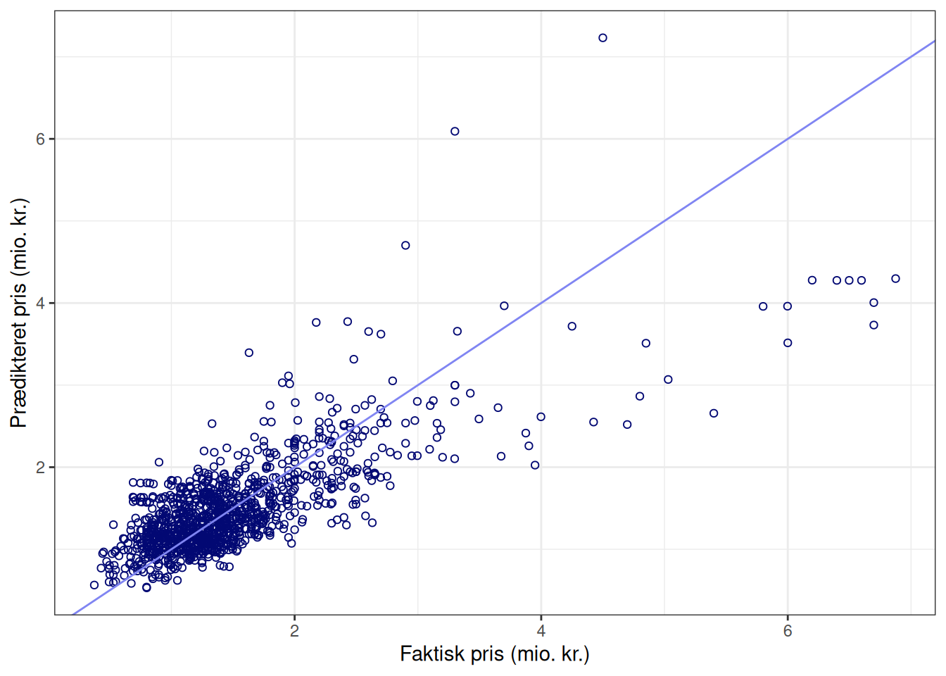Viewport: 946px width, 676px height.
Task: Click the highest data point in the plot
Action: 603,38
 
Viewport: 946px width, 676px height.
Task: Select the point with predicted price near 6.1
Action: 455,132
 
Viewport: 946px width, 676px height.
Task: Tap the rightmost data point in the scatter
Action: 895,279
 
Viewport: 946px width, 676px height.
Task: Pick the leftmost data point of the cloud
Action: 94,585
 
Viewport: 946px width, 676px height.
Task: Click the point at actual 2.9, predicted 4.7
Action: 405,246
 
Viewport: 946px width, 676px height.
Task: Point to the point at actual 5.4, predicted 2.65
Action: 714,413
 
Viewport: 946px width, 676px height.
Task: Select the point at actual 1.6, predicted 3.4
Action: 248,353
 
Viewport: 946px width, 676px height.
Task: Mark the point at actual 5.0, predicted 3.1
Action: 668,380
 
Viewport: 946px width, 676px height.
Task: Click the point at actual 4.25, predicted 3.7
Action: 572,326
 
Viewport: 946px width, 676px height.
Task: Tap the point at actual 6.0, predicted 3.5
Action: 788,343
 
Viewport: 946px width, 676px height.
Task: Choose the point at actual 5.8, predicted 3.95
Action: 763,306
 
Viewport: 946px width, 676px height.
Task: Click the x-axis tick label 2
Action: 294,631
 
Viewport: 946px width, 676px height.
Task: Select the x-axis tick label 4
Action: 541,631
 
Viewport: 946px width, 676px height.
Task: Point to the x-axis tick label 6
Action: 788,631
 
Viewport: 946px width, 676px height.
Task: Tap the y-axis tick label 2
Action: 40,468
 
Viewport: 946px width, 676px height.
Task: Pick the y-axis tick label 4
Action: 40,303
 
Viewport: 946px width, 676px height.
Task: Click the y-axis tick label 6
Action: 40,139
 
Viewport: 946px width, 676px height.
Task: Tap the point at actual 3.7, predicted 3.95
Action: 504,306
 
